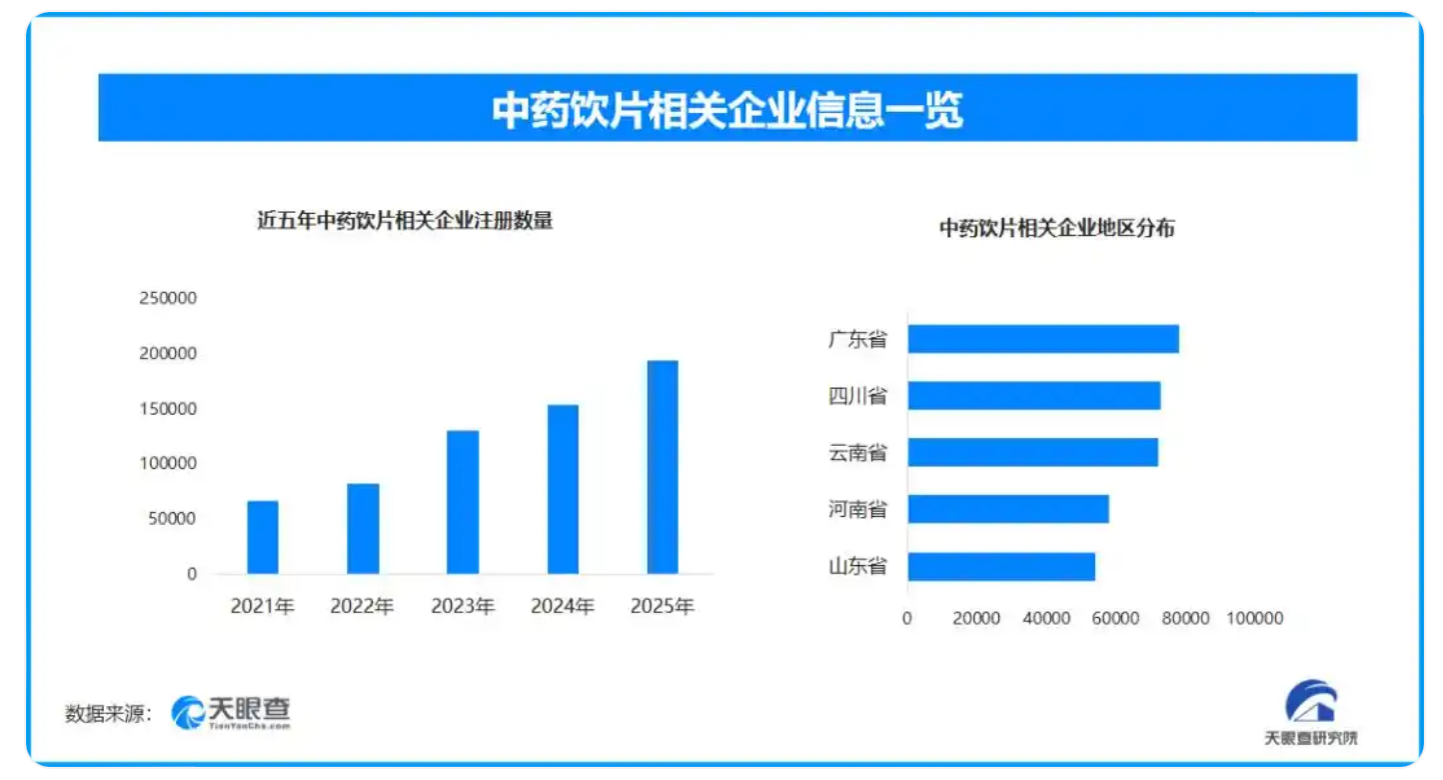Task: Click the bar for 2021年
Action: click(263, 537)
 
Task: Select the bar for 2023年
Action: click(463, 502)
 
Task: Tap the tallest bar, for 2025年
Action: click(663, 467)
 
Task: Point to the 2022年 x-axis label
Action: click(363, 606)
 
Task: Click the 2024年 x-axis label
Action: click(563, 606)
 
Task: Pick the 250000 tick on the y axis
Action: click(169, 298)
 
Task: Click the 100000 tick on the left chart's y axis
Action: click(169, 464)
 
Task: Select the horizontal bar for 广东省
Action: click(1042, 339)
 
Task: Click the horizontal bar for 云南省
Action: click(1032, 452)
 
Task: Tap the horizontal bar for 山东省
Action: click(1001, 567)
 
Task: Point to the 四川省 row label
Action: click(857, 396)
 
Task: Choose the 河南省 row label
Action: click(857, 510)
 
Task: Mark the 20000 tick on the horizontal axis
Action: click(976, 619)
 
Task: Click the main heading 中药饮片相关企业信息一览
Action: click(726, 109)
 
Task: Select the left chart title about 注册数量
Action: click(405, 222)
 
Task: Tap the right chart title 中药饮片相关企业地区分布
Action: click(1056, 229)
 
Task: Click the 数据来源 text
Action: click(108, 713)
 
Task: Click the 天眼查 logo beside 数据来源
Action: click(232, 711)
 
